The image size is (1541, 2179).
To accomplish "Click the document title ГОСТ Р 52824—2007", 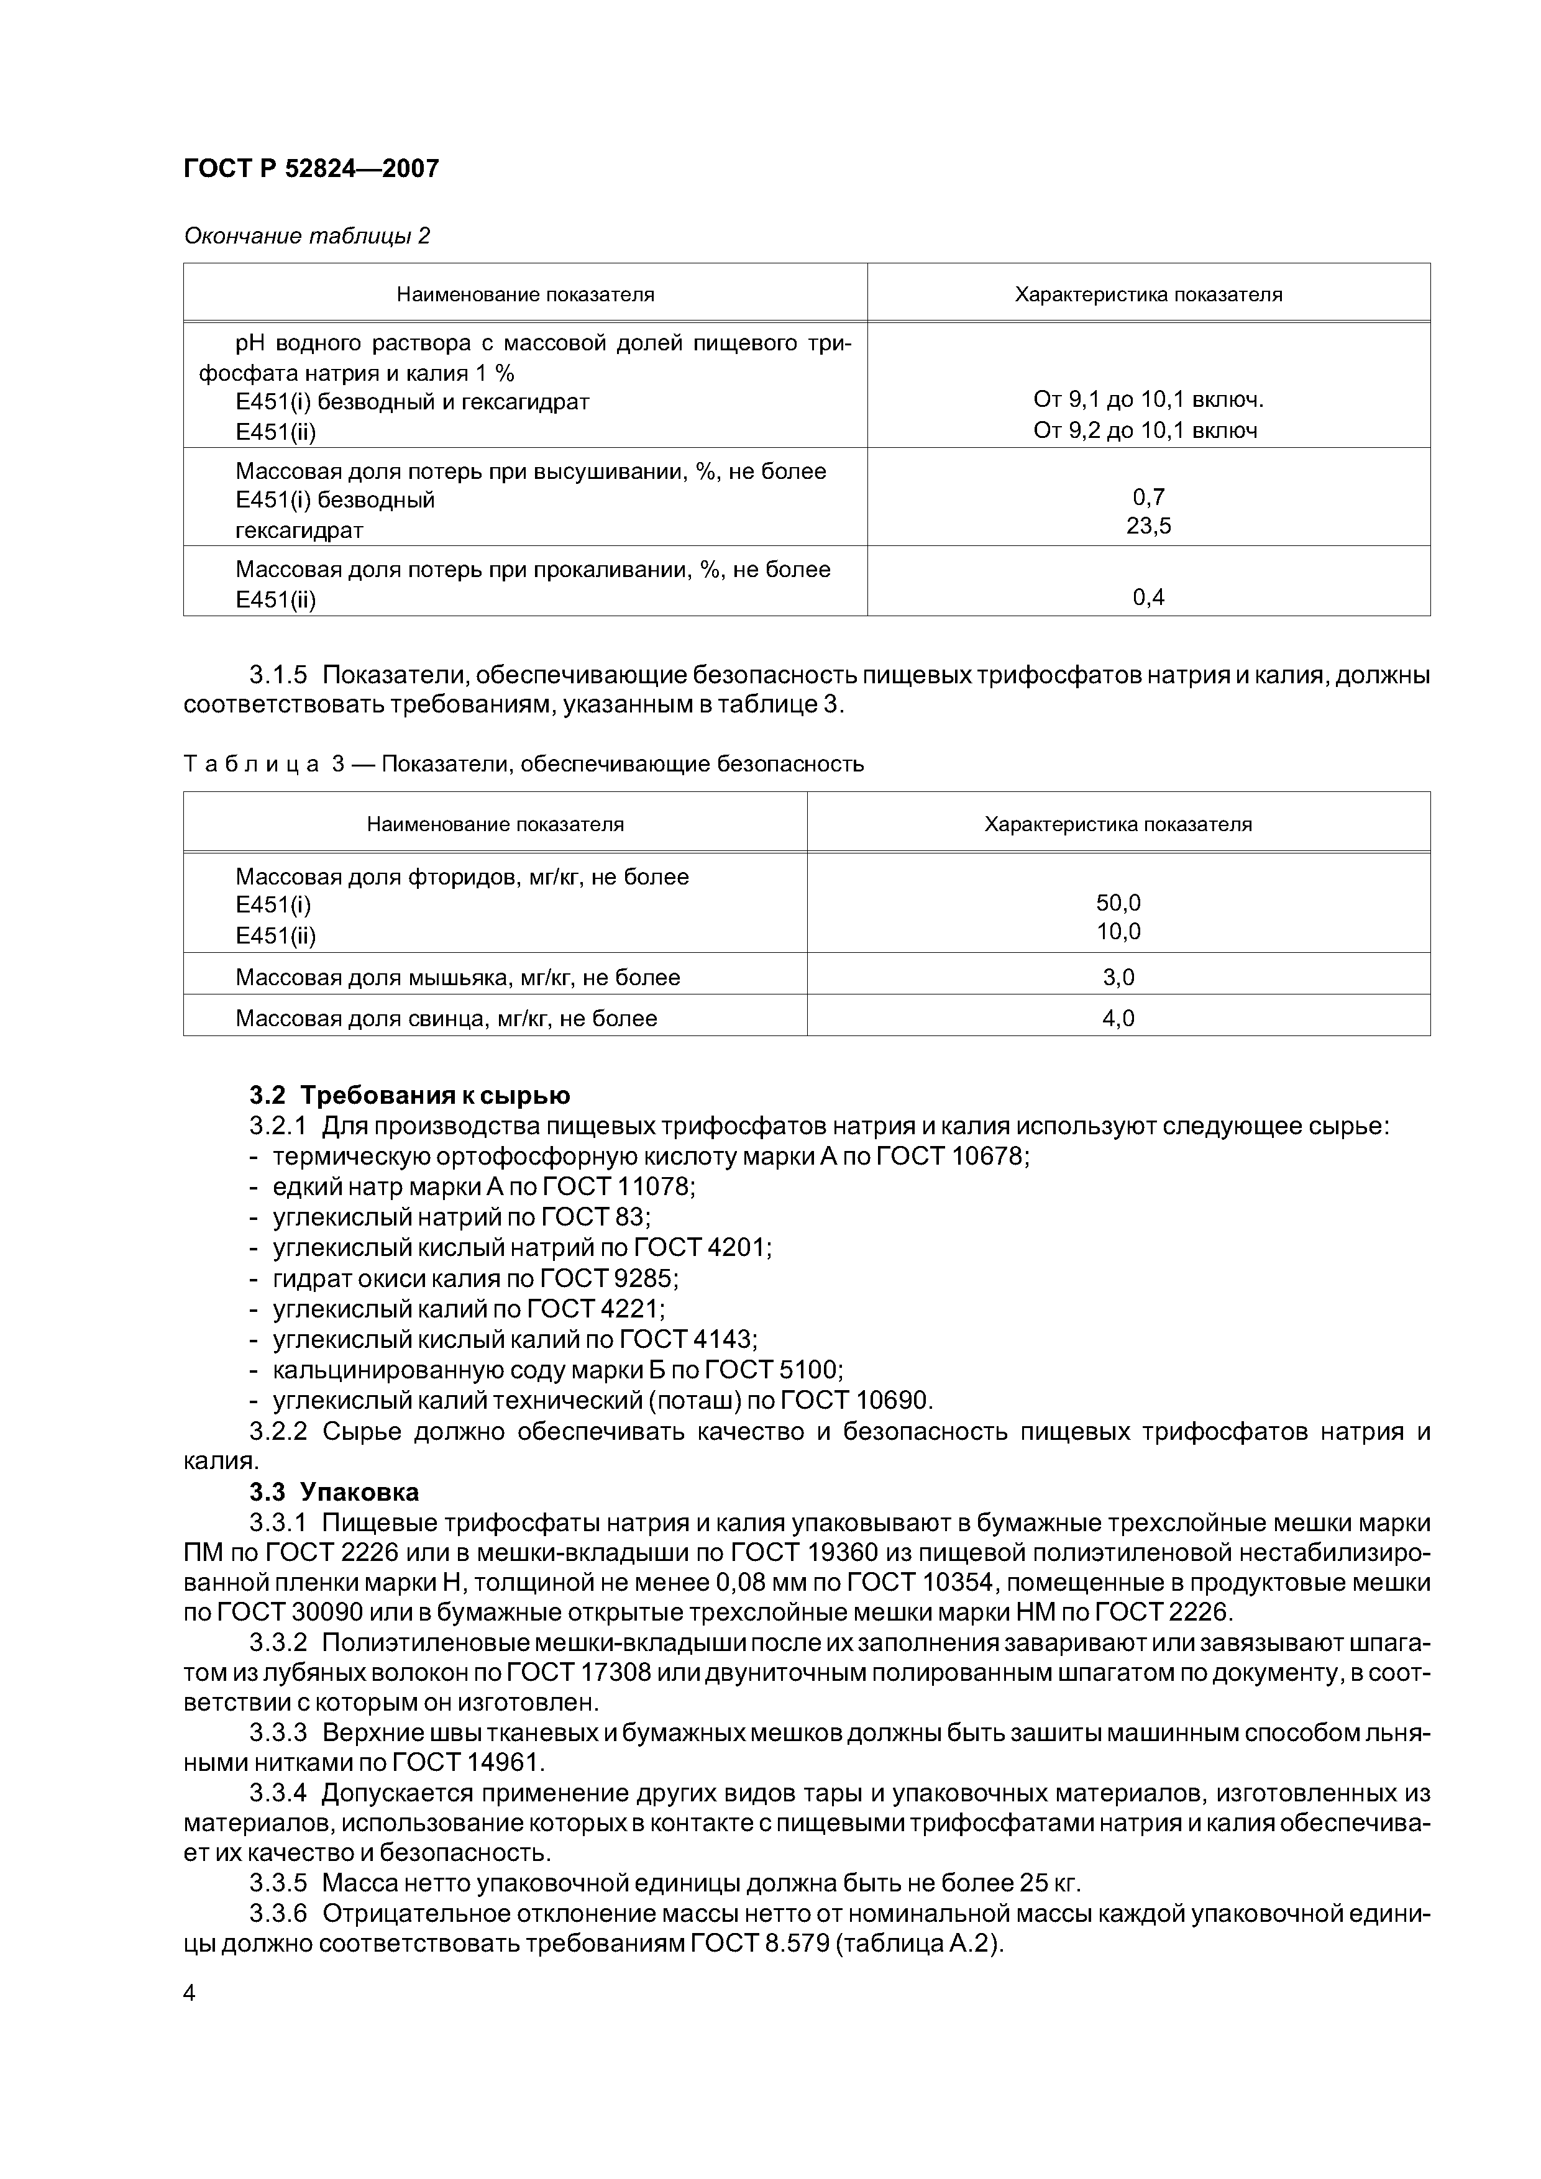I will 311,169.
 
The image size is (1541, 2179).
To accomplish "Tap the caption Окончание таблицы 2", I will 307,235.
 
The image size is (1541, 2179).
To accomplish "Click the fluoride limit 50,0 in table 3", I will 1118,903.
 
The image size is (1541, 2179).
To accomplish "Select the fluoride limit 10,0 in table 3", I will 1118,932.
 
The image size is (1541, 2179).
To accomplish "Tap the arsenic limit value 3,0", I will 1118,976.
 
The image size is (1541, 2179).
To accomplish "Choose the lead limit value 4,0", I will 1118,1018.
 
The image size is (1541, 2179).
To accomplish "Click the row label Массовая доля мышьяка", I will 458,976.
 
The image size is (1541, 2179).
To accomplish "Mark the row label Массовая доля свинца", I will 446,1018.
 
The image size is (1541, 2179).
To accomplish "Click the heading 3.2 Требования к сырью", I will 409,1095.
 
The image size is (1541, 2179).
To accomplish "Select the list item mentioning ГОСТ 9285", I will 475,1278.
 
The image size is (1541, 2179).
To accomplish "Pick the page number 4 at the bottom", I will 189,1992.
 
